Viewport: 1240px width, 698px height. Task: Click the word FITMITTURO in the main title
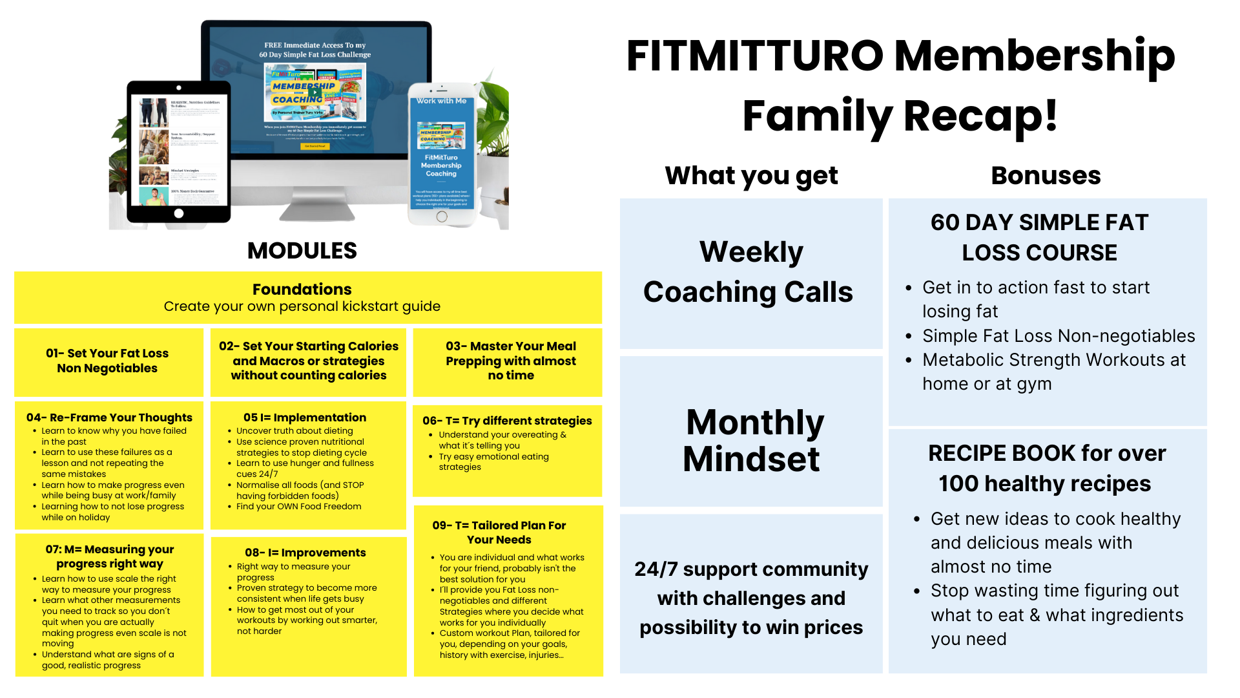754,56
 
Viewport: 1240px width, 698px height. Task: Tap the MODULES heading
302,251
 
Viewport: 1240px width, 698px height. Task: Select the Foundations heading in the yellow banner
302,289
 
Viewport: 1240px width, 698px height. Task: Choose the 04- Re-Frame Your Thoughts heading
109,418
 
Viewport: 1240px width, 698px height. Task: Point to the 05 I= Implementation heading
304,418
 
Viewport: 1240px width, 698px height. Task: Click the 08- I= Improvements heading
305,553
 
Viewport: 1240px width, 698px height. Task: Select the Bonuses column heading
1046,175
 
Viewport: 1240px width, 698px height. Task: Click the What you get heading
751,175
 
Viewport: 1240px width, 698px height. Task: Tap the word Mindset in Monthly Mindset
751,460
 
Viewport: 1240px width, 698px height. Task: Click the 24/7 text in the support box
656,569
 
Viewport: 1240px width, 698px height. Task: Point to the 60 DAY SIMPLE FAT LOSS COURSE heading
1039,237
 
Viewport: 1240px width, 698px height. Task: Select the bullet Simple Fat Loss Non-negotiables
1059,336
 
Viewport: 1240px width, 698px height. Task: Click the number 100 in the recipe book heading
958,484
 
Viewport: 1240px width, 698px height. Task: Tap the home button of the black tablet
179,213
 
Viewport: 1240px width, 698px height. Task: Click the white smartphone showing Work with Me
442,155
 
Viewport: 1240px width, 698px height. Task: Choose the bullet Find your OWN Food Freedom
298,507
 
